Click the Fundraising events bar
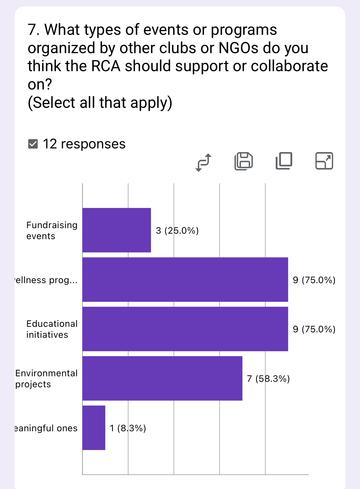117,230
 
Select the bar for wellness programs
185,279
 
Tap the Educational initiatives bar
185,329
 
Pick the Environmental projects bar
162,378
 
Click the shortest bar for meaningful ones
94,428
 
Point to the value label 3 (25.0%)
177,231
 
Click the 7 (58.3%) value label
268,379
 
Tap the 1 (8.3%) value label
128,428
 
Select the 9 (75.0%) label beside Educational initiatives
314,329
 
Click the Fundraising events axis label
52,231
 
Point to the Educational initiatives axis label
52,329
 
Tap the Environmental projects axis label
46,379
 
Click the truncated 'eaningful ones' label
46,428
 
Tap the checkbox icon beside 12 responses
33,144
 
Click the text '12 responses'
84,144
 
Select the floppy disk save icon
244,161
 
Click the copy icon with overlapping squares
284,161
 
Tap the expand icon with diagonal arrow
324,161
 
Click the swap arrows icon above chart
203,162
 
